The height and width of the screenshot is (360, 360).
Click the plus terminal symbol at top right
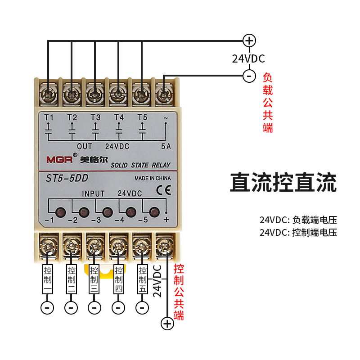pos(249,40)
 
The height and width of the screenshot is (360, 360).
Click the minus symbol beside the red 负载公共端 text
pos(249,76)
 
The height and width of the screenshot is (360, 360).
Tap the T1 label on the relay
pos(49,117)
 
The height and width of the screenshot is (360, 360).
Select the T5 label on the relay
pos(142,117)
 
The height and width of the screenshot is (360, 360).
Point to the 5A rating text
pos(166,146)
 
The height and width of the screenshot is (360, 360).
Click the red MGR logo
pos(56,159)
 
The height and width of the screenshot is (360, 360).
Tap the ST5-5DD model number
pos(67,179)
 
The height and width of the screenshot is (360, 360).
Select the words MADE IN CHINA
pos(153,178)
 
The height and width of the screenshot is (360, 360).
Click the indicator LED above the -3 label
pos(107,211)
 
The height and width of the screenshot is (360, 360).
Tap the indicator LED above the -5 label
pos(154,211)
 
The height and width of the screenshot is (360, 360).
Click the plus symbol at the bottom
pos(167,323)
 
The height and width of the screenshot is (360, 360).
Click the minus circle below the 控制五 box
pos(142,307)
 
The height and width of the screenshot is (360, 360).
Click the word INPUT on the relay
pos(93,193)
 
